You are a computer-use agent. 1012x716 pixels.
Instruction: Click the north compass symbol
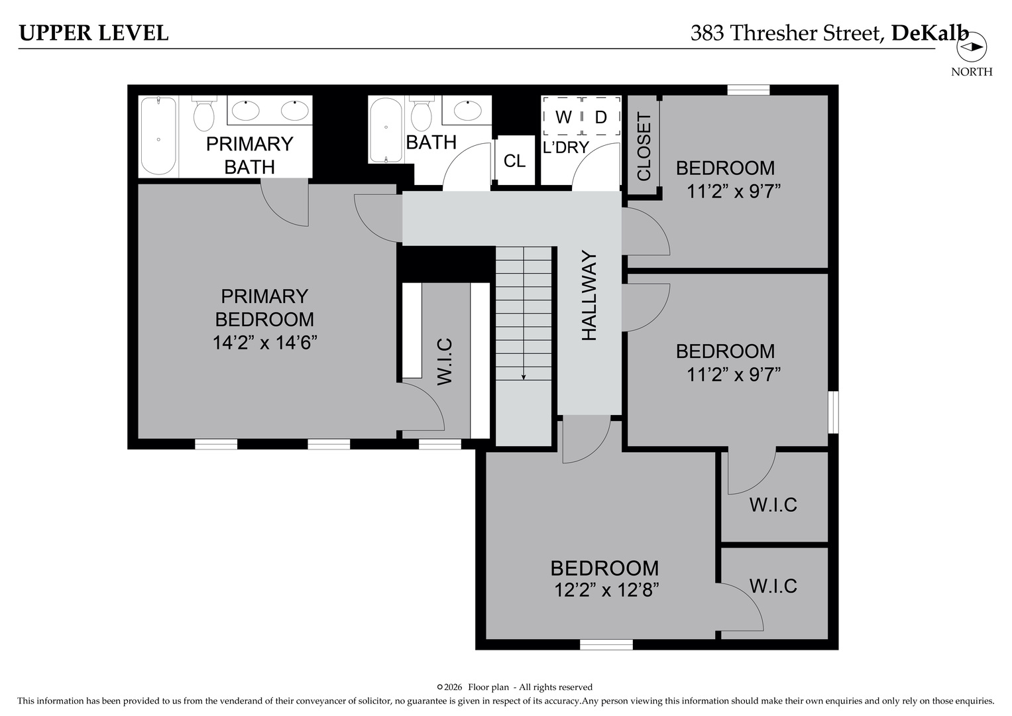pyautogui.click(x=972, y=47)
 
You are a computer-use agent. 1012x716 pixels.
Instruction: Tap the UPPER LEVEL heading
pyautogui.click(x=93, y=32)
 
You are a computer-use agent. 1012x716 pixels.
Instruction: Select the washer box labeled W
pyautogui.click(x=563, y=117)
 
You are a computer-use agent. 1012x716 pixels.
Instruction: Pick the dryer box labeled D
pyautogui.click(x=601, y=117)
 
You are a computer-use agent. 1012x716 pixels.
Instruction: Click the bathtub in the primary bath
pyautogui.click(x=158, y=136)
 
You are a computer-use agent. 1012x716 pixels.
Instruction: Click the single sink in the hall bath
pyautogui.click(x=467, y=110)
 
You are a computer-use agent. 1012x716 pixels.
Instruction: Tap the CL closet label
pyautogui.click(x=514, y=160)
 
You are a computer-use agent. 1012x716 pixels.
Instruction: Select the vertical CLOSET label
pyautogui.click(x=644, y=147)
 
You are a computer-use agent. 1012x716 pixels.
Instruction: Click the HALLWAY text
pyautogui.click(x=589, y=296)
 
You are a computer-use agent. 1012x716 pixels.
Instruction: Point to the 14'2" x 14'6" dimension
pyautogui.click(x=264, y=343)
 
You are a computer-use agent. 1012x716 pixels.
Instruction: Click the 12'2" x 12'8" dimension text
pyautogui.click(x=606, y=590)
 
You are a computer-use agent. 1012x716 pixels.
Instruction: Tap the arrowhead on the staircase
pyautogui.click(x=524, y=377)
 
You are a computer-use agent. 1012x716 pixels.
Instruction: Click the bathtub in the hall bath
pyautogui.click(x=386, y=130)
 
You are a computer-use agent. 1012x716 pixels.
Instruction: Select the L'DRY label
pyautogui.click(x=565, y=147)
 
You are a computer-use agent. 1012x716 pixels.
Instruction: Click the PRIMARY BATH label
pyautogui.click(x=249, y=155)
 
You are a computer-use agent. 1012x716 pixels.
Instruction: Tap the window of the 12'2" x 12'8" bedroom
pyautogui.click(x=606, y=644)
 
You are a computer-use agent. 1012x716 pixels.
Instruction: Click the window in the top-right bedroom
pyautogui.click(x=748, y=90)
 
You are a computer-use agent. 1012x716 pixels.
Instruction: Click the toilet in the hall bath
pyautogui.click(x=422, y=114)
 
